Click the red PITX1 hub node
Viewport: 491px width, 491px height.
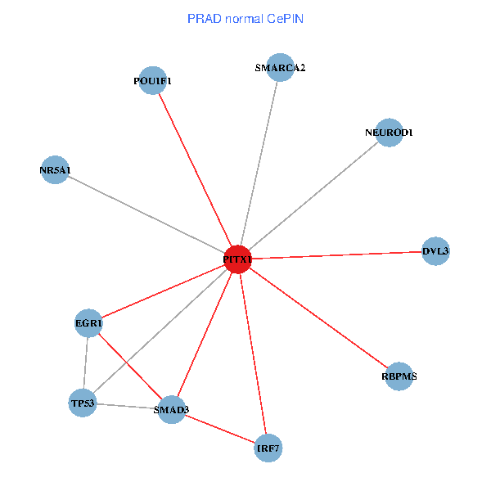point(237,259)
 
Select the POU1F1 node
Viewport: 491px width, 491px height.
point(152,80)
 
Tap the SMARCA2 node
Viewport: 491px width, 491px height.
point(280,68)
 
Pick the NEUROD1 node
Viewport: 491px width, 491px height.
point(389,132)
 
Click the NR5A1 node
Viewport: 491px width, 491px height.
point(55,169)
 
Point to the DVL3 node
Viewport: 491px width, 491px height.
point(435,251)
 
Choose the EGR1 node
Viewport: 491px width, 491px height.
point(88,323)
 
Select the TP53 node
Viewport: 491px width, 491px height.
point(83,403)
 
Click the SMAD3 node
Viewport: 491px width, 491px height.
point(171,408)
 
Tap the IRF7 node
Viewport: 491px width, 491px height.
point(268,448)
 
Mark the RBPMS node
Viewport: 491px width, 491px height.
point(399,376)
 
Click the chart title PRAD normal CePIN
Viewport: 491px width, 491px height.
point(245,18)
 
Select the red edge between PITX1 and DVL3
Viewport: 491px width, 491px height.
point(336,255)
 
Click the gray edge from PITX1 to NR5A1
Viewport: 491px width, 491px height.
point(146,214)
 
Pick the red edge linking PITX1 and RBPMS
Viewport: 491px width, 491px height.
point(318,317)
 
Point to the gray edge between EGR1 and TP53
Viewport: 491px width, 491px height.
point(86,363)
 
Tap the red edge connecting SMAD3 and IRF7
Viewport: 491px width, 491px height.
point(219,428)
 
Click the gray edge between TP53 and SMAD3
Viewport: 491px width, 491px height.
point(127,405)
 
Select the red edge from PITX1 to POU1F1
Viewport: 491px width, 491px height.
point(195,169)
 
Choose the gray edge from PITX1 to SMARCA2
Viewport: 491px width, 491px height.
point(259,164)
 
